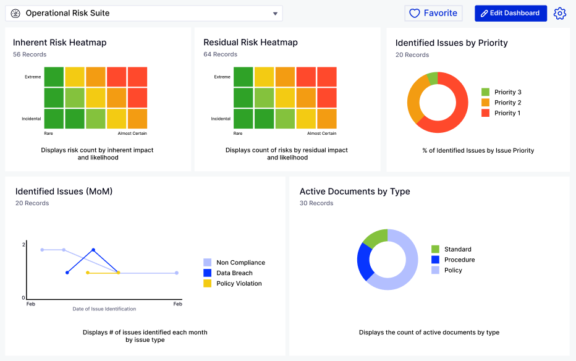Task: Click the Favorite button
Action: click(433, 13)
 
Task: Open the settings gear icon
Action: click(560, 14)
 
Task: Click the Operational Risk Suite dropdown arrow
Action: click(275, 14)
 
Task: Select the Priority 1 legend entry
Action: click(507, 113)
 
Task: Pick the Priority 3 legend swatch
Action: click(485, 92)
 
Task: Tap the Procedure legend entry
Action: click(459, 260)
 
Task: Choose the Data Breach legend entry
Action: click(234, 273)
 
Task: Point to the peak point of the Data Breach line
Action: click(93, 250)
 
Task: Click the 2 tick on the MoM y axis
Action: click(23, 245)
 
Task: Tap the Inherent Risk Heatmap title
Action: click(60, 43)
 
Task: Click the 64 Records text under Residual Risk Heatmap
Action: click(221, 54)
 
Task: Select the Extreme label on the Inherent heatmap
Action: click(33, 77)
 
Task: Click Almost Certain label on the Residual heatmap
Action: click(322, 134)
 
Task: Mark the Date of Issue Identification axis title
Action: click(104, 308)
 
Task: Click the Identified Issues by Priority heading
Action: click(451, 43)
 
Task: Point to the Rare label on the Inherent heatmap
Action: click(48, 134)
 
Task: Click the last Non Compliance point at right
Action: click(177, 273)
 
